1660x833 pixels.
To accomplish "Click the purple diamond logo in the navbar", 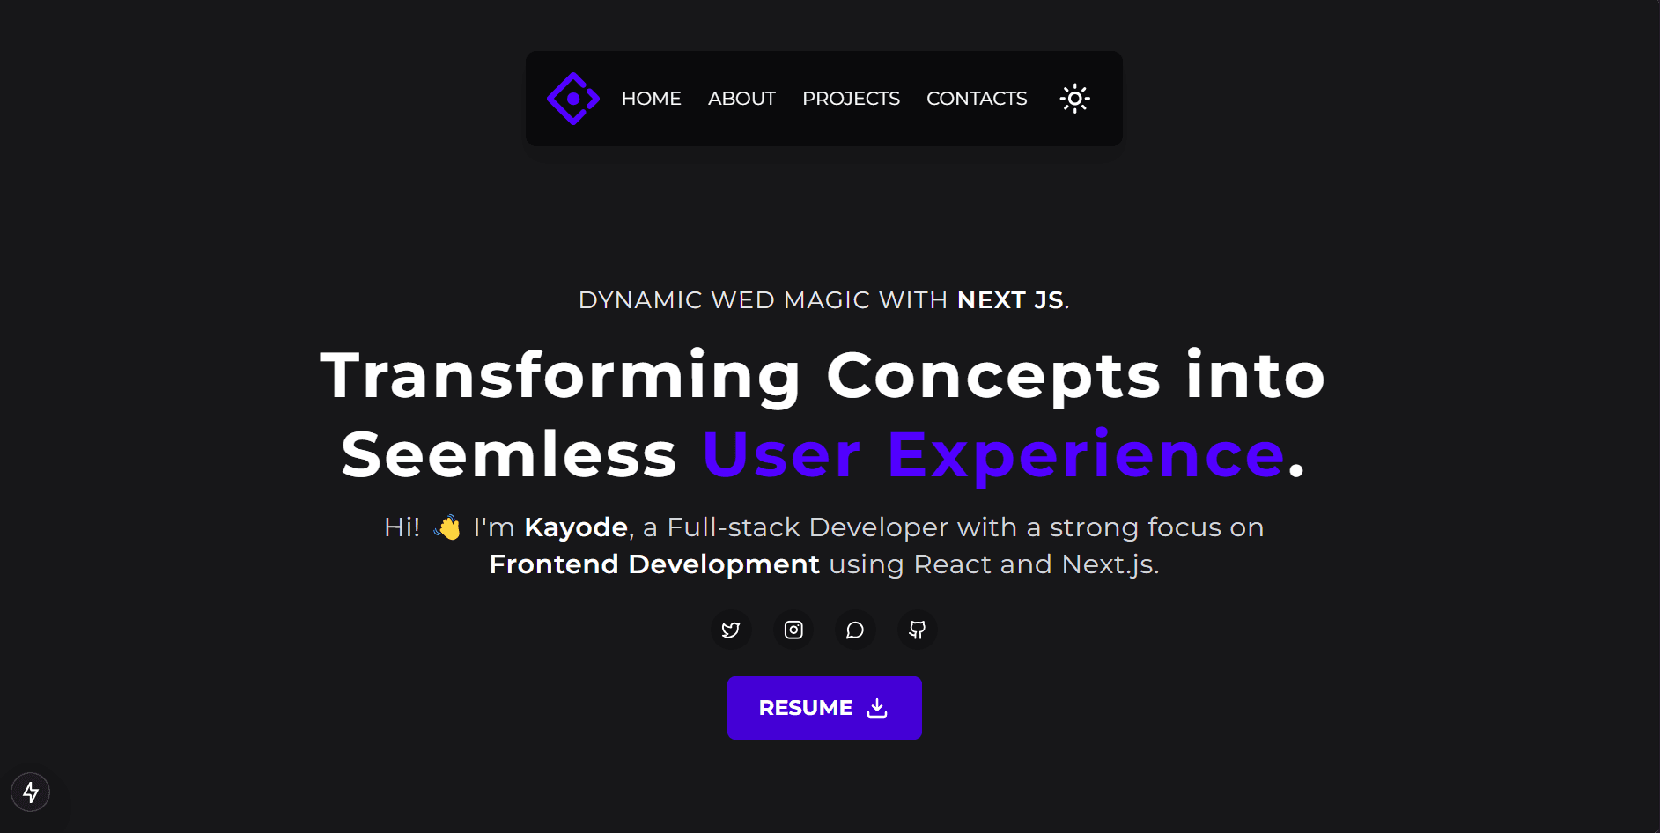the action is point(573,99).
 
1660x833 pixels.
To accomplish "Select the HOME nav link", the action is point(651,99).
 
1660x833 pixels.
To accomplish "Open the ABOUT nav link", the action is point(741,99).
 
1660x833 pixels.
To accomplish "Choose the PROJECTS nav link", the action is point(851,99).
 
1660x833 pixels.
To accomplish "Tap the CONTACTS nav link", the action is point(977,99).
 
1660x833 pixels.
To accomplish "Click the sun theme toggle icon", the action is point(1074,99).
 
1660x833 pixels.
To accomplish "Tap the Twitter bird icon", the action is point(731,630).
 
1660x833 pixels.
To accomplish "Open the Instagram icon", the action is point(793,630).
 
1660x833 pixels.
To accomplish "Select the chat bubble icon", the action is point(855,630).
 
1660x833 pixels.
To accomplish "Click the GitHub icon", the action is point(917,630).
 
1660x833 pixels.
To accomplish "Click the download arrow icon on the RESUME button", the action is point(877,708).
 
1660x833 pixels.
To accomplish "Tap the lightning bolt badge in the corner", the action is point(31,792).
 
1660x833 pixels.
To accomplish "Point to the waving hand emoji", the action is point(447,527).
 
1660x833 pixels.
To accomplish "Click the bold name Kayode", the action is point(576,527).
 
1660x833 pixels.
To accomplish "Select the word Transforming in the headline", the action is point(561,377).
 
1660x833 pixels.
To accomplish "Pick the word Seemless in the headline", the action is point(509,455).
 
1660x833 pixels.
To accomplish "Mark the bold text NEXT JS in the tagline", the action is point(1010,300).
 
